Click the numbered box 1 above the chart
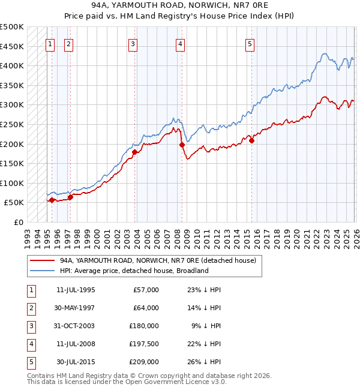[x=51, y=43]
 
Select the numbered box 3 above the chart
[x=133, y=43]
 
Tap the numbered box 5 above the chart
[x=250, y=43]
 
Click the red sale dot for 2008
[x=181, y=145]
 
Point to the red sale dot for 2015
[x=251, y=140]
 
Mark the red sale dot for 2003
[x=134, y=152]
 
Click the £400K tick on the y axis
[x=11, y=66]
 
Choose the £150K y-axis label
[x=11, y=164]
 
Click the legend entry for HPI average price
[x=134, y=271]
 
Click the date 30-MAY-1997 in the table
[x=76, y=308]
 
